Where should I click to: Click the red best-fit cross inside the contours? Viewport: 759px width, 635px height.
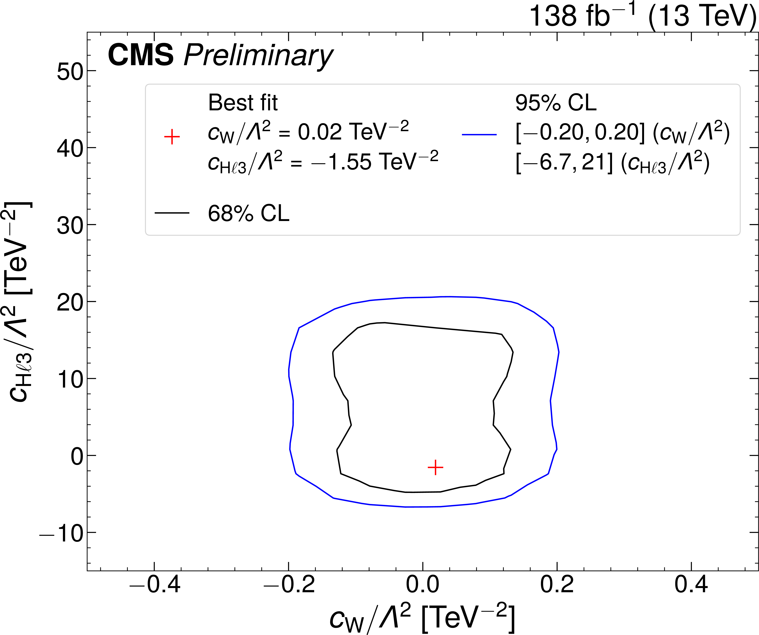click(x=435, y=468)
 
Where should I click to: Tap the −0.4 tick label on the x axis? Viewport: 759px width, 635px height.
click(x=155, y=584)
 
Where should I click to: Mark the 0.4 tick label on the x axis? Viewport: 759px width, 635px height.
click(x=691, y=584)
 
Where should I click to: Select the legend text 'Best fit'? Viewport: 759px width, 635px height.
click(x=243, y=103)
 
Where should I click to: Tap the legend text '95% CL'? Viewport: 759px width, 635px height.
click(x=556, y=103)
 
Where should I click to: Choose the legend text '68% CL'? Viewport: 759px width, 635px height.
click(x=249, y=213)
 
